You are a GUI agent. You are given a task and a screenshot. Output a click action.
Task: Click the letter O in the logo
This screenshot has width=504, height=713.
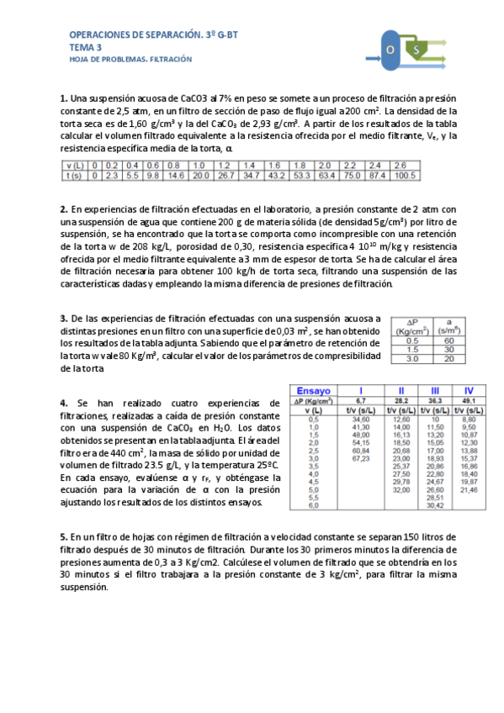(390, 50)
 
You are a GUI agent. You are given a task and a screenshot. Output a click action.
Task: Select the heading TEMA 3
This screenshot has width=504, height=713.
(84, 48)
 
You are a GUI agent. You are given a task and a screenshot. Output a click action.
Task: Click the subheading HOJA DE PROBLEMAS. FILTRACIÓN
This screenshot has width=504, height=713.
(130, 60)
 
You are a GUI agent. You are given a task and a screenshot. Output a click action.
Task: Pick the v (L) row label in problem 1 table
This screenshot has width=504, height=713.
(75, 165)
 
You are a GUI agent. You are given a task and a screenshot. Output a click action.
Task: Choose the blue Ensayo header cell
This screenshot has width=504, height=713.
(314, 391)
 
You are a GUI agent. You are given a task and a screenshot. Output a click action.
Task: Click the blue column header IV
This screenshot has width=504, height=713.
(468, 391)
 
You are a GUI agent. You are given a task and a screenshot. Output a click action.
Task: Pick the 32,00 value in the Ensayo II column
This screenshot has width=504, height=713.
(401, 489)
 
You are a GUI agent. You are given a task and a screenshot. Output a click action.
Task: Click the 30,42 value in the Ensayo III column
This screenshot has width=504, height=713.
(435, 504)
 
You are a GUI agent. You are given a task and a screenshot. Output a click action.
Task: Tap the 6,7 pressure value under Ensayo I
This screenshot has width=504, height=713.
(361, 402)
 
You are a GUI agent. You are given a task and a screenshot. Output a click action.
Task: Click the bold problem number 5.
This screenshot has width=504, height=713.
(63, 536)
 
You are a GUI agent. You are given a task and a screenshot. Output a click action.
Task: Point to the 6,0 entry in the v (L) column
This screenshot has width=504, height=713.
(314, 504)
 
